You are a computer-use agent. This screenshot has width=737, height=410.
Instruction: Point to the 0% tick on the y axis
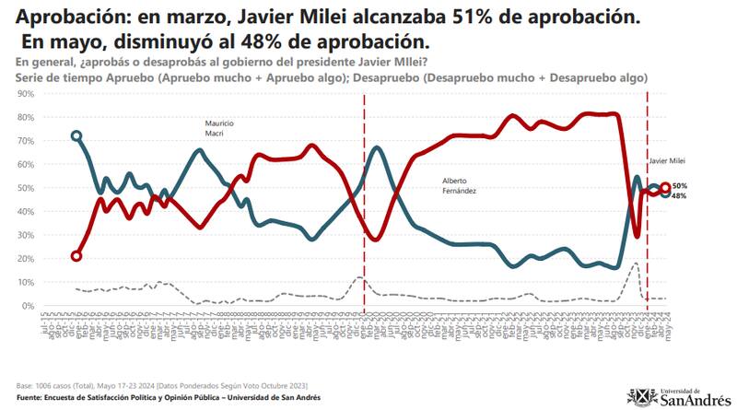coord(28,306)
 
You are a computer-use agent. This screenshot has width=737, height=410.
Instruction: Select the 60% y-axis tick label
coord(25,165)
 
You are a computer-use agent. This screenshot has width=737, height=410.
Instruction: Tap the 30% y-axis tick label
coord(25,235)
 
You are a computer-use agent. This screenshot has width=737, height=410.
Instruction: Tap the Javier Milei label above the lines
coord(667,160)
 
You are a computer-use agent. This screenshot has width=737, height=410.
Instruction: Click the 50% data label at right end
coord(679,186)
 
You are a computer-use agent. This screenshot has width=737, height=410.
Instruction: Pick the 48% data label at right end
coord(679,196)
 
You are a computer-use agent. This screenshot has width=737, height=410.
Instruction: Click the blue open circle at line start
coord(76,135)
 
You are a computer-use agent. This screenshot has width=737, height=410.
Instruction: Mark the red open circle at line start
coord(76,256)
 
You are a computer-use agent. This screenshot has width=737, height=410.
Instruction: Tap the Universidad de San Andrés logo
coord(681,395)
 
